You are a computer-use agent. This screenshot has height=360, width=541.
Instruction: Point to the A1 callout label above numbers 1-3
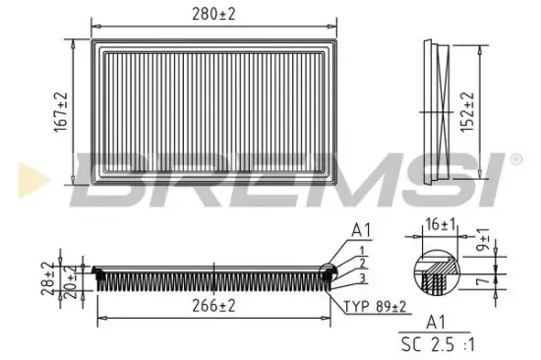[x=359, y=231]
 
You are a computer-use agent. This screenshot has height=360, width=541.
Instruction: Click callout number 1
[x=362, y=250]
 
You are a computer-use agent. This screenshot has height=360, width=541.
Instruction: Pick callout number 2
[x=362, y=263]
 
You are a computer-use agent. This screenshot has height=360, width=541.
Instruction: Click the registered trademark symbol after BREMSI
[x=514, y=158]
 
